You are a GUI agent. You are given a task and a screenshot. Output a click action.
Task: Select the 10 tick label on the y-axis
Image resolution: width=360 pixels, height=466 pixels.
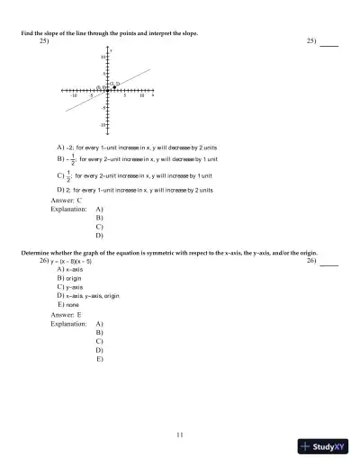click(x=103, y=56)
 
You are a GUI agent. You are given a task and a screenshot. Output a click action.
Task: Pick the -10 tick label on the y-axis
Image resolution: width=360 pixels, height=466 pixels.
click(x=103, y=124)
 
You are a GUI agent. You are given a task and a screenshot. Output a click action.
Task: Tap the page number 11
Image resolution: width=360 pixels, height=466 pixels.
click(x=180, y=435)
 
